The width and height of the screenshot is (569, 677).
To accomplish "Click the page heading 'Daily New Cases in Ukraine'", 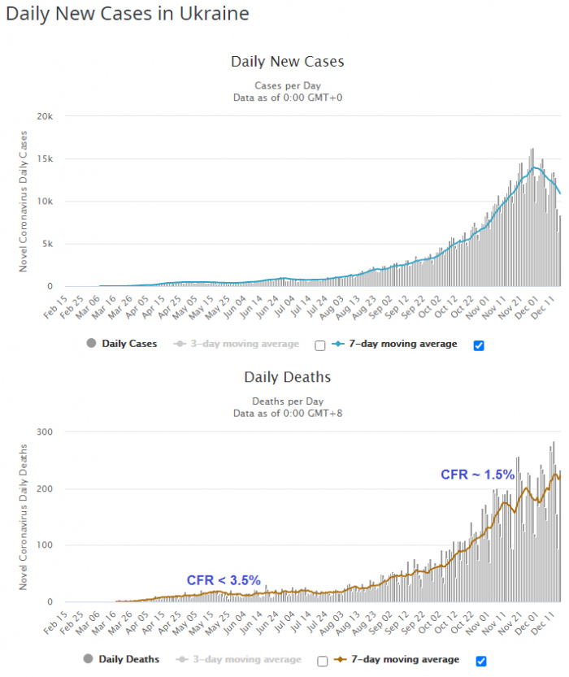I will click(128, 15).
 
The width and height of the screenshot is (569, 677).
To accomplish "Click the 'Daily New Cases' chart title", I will click(287, 62).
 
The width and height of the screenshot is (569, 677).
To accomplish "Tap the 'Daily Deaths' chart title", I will click(287, 377).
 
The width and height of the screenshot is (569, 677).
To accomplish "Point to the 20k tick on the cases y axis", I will click(45, 116).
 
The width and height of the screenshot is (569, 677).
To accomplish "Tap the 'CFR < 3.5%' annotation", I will click(224, 580).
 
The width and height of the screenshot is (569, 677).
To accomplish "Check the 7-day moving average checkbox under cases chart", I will click(479, 345).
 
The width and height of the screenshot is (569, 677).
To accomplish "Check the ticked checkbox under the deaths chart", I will click(481, 660).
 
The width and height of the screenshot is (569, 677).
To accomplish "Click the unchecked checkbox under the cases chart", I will click(319, 345).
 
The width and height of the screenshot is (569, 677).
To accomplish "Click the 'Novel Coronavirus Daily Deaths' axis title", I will click(24, 517).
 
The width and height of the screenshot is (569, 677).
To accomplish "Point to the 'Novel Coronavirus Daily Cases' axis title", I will click(24, 201).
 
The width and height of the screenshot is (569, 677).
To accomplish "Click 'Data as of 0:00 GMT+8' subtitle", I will click(287, 413).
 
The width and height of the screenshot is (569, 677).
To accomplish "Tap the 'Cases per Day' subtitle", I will click(287, 85).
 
